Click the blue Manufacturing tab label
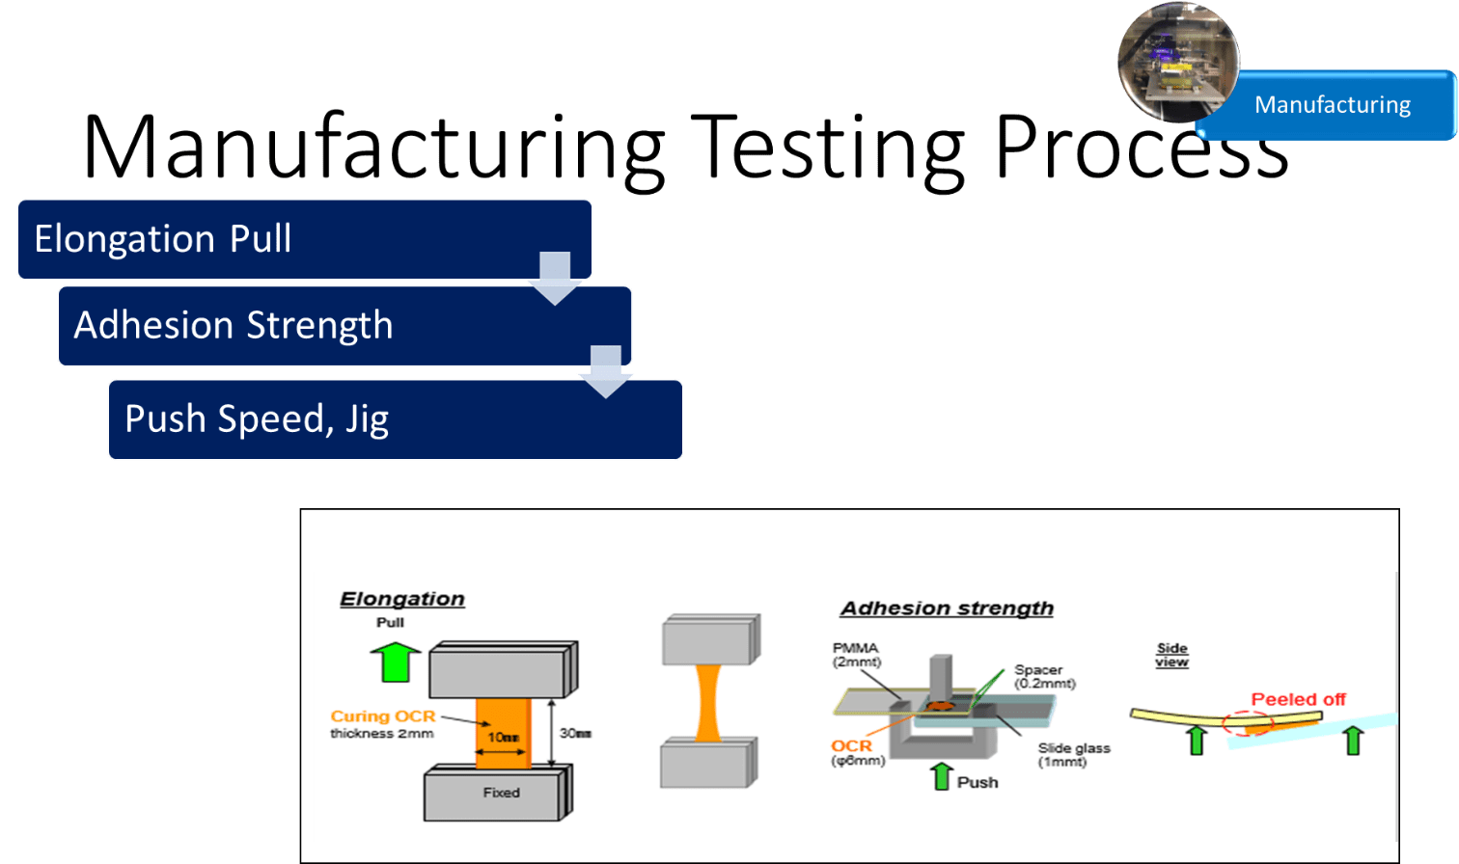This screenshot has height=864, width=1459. [x=1332, y=105]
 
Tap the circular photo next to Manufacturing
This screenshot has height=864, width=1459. [x=1178, y=62]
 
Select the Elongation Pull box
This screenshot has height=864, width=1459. [x=304, y=239]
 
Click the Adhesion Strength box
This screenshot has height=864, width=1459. [x=344, y=326]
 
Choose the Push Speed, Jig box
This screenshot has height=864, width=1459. [x=395, y=419]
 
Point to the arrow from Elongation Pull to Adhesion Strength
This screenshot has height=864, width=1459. [x=555, y=278]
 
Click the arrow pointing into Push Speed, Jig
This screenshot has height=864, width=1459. [x=606, y=371]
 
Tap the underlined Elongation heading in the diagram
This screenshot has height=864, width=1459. [x=402, y=599]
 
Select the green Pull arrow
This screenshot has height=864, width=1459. [x=396, y=661]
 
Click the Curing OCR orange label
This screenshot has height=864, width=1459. [x=383, y=716]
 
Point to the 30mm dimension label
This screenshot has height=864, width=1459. [x=576, y=734]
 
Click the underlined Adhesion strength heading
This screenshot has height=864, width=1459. [x=947, y=608]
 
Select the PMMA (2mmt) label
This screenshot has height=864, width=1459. [x=856, y=655]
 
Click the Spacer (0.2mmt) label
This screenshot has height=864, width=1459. [x=1043, y=676]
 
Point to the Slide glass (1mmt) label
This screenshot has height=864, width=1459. [x=1073, y=754]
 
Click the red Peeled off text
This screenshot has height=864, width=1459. [x=1298, y=699]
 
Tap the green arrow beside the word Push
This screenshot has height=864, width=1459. [x=942, y=776]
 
